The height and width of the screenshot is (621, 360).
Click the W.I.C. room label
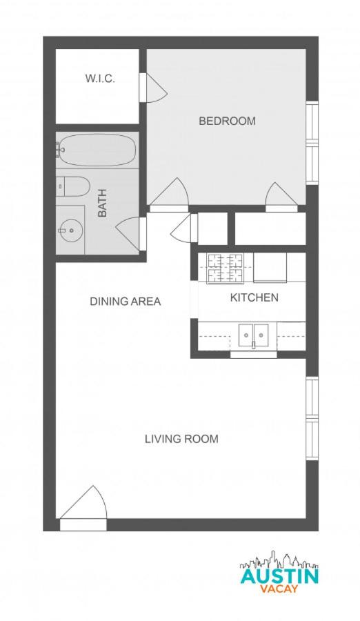point(100,79)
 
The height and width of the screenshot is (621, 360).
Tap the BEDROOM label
point(227,121)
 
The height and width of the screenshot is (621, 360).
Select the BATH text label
point(102,203)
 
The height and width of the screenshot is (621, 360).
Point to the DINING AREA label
point(125,302)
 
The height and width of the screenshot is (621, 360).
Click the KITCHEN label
point(254,297)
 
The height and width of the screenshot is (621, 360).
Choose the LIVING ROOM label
point(181,439)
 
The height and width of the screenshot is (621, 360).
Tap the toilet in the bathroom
point(73,186)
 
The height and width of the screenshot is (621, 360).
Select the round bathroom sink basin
point(71,230)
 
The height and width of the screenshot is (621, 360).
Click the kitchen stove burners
point(225,268)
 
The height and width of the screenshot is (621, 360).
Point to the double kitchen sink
point(254,335)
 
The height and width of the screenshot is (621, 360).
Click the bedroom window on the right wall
point(312,143)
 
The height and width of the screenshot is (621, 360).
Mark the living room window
point(312,418)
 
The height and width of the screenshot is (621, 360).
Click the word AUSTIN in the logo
point(279,576)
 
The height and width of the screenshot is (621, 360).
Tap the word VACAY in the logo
point(279,589)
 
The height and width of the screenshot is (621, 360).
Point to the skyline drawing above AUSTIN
point(279,560)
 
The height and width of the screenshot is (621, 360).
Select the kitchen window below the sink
point(254,355)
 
